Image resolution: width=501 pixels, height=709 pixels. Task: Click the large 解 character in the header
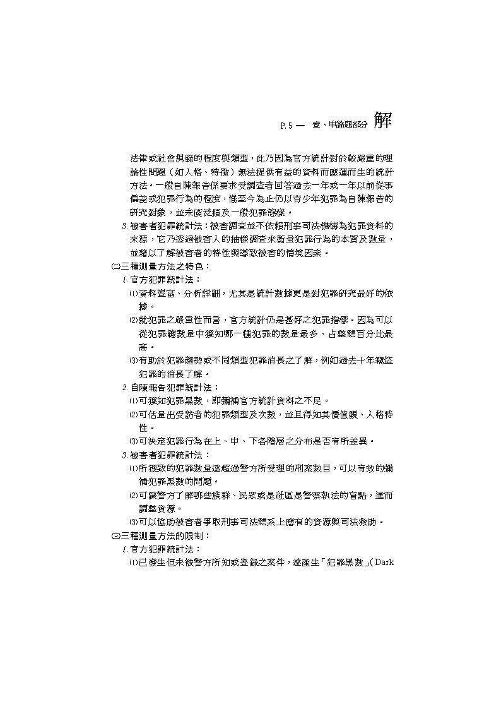[x=382, y=120]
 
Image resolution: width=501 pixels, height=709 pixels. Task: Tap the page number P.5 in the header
[x=286, y=126]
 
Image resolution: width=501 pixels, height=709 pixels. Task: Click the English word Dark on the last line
[x=384, y=562]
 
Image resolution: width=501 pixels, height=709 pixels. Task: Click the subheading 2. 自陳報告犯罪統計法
[x=170, y=387]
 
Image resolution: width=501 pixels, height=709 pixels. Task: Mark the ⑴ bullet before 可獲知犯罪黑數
[x=134, y=401]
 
